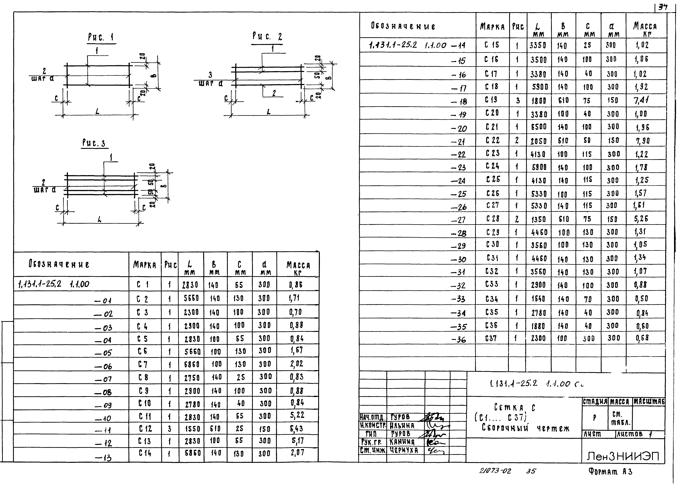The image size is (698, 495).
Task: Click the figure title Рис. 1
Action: pos(101,38)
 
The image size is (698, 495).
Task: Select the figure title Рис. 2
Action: pos(267,37)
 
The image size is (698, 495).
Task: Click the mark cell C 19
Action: pos(491,100)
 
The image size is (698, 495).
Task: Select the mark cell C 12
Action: pos(145,429)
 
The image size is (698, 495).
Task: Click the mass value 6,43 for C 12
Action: pos(296,429)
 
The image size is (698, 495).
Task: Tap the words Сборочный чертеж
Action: pos(525,428)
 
